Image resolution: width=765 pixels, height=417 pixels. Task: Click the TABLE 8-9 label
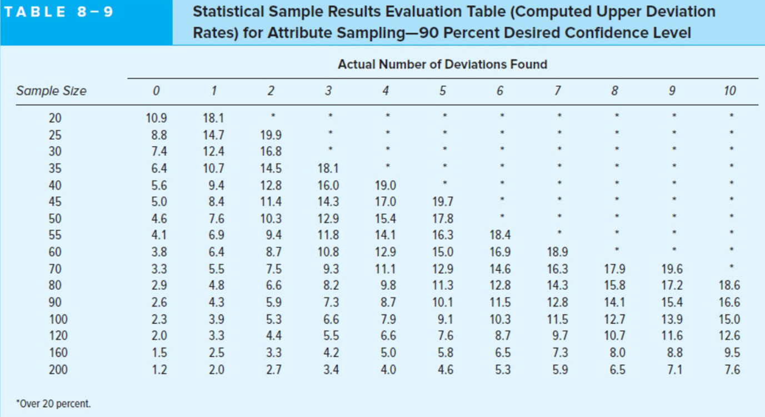58,11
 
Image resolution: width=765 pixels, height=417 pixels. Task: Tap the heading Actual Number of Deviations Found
442,64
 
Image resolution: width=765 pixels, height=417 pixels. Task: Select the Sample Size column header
51,91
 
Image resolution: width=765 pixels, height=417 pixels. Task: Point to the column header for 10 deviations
729,91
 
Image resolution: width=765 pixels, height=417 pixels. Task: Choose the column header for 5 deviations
442,91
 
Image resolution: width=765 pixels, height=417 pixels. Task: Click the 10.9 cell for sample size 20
156,118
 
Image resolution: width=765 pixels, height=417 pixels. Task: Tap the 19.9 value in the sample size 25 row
271,135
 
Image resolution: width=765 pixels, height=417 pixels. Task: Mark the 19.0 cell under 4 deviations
386,185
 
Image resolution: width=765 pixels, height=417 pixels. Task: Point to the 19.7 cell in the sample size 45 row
442,201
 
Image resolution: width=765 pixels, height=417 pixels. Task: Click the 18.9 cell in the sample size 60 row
557,252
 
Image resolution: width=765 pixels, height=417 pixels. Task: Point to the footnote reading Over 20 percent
53,403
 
